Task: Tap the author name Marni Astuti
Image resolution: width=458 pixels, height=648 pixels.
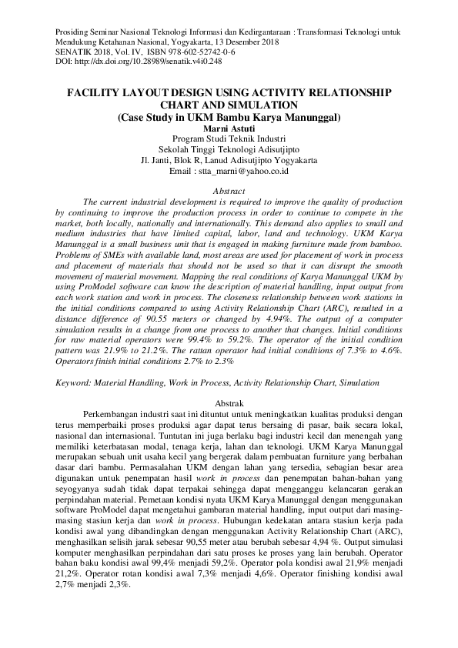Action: [229, 128]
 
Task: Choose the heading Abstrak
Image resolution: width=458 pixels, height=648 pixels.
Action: [229, 403]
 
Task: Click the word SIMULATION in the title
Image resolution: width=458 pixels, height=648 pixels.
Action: [262, 105]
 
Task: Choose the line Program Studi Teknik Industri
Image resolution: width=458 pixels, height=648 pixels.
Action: [229, 139]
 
